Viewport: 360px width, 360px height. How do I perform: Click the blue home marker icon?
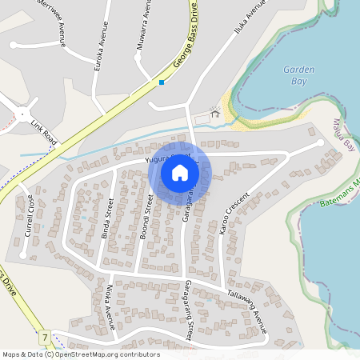[180, 172]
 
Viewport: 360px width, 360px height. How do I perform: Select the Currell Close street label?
[29, 215]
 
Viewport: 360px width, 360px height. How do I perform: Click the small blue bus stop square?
[162, 82]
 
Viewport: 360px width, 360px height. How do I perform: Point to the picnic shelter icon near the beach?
[214, 114]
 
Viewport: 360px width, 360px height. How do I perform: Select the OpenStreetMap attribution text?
[81, 354]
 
